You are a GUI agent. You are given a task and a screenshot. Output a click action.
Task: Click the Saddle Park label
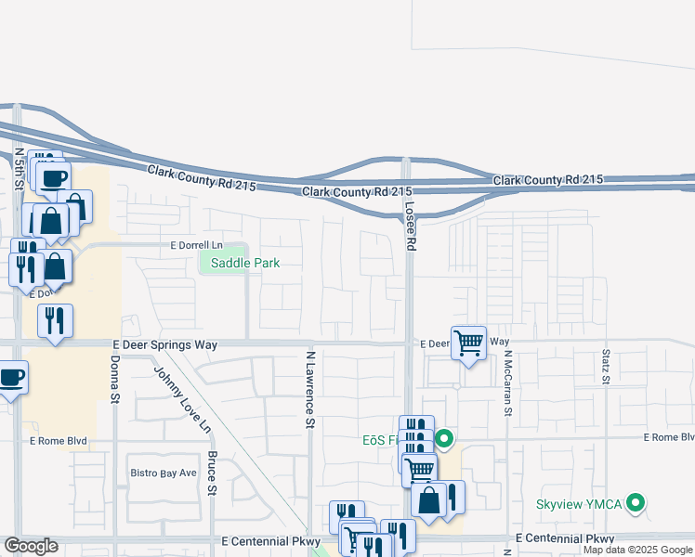(245, 263)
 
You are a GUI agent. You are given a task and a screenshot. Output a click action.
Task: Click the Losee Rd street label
(410, 225)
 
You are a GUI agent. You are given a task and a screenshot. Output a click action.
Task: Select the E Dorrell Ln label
(198, 245)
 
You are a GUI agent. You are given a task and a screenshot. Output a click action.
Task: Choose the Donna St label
(116, 380)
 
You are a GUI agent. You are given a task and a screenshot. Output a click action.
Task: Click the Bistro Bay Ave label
(163, 473)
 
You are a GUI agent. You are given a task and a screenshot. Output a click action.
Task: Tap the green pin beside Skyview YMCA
(636, 504)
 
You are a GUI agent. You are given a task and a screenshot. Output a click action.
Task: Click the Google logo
(31, 546)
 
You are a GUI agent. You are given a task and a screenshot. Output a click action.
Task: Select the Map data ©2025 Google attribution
(638, 550)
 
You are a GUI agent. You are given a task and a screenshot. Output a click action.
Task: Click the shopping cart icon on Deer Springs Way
(469, 343)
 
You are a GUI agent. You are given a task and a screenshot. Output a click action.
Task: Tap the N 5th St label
(19, 169)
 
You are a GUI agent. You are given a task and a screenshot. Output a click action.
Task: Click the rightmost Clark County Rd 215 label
(548, 179)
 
